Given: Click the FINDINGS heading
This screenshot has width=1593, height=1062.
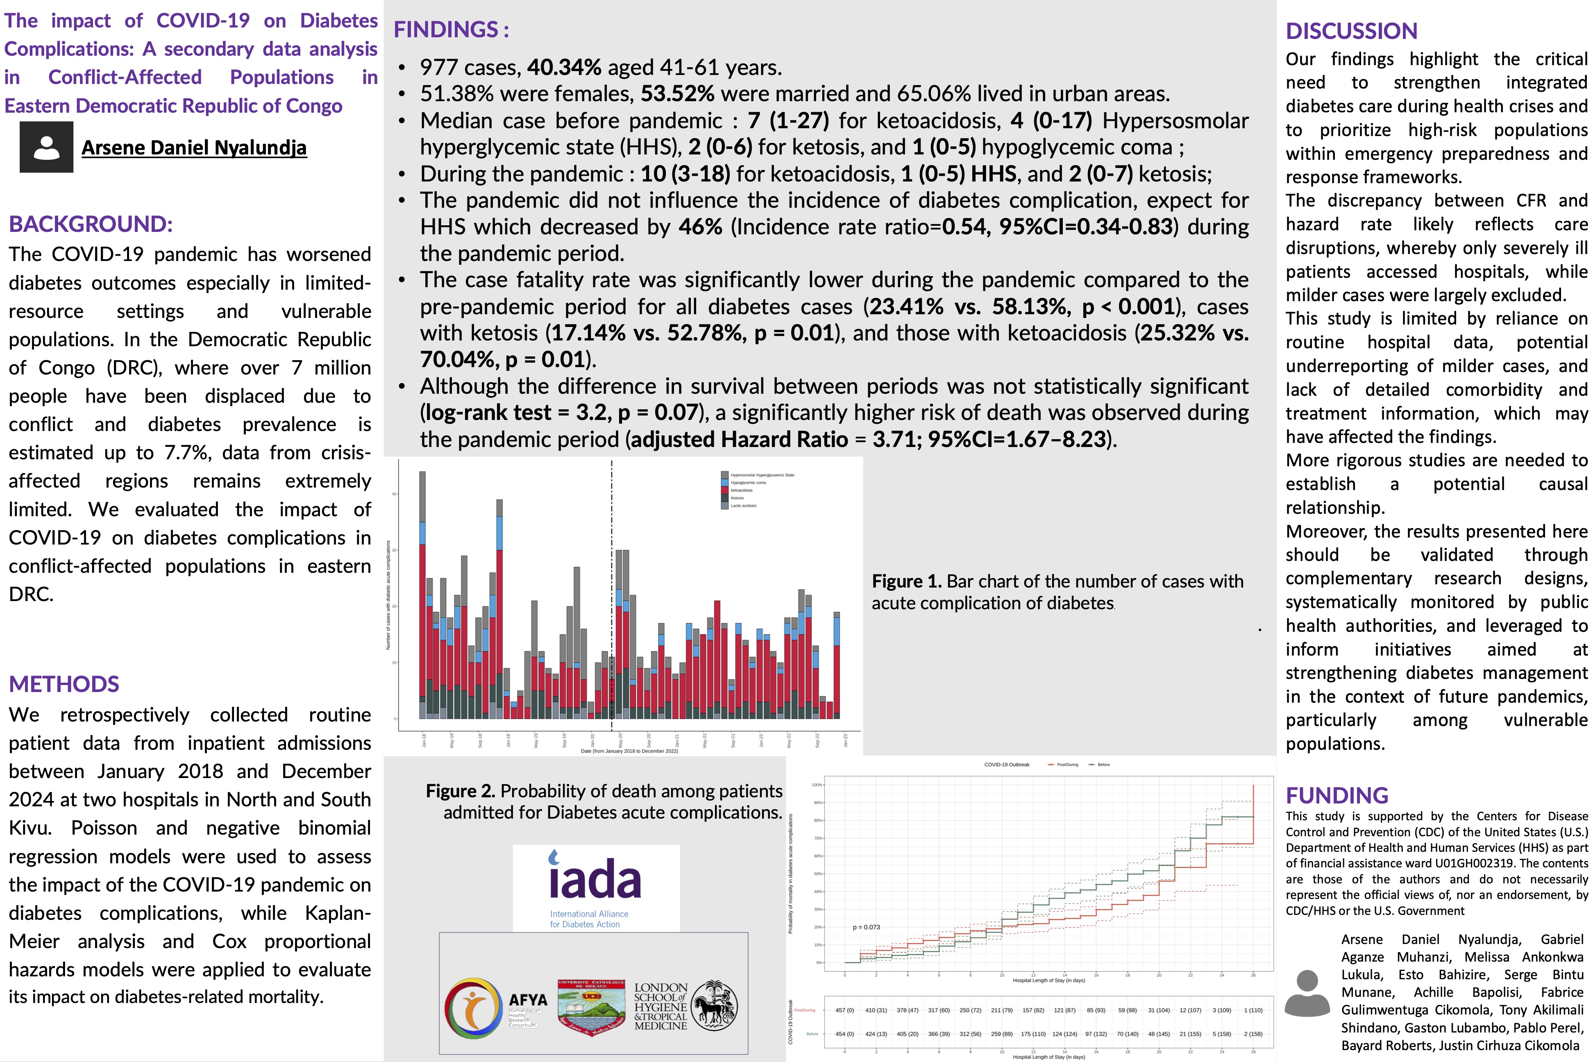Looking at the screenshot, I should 451,30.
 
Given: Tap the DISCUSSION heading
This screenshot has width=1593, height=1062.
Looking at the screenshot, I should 1351,31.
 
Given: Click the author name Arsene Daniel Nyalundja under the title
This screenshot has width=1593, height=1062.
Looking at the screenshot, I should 194,147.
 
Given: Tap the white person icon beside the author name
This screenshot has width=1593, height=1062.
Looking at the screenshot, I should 46,147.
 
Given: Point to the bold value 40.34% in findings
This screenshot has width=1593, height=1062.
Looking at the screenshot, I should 564,67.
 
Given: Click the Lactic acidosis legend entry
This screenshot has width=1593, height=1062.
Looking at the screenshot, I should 743,505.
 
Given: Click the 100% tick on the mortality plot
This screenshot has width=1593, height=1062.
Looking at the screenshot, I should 817,785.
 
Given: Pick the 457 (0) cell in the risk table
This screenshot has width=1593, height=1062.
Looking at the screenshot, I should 844,1010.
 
